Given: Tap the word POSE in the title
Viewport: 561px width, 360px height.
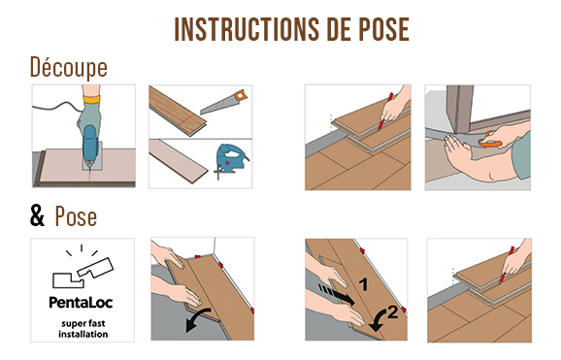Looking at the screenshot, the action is coord(384,29).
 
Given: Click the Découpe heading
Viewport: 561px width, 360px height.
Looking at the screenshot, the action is coord(69,68).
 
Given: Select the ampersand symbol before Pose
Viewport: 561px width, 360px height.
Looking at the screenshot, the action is coord(37,215).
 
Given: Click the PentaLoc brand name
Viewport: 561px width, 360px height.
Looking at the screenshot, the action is coord(81,303).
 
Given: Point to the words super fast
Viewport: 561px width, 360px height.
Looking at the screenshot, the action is coord(83,324).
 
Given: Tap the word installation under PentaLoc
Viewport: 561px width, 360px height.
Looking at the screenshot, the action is coord(83,334).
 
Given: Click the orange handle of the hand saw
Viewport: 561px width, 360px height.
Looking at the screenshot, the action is coord(240,95).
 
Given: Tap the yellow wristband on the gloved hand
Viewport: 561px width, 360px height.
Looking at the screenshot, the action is coord(91,99).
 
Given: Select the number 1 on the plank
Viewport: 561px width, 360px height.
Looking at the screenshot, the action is coord(364,284).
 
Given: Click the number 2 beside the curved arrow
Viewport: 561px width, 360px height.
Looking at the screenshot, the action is coord(392,312).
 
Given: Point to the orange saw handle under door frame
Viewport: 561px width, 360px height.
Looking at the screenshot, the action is coord(489,142).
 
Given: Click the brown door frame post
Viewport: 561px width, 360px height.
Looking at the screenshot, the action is coord(460,109).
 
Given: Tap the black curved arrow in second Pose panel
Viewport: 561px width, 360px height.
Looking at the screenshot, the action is coord(197,319).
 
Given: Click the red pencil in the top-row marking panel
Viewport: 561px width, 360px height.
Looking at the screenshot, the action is coord(385,111).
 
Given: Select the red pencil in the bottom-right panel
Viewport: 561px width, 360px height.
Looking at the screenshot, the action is coord(507,265).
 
